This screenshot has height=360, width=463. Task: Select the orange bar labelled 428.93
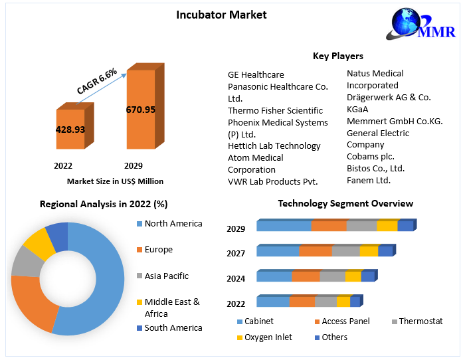click(x=70, y=130)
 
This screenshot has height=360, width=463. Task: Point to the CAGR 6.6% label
click(x=97, y=80)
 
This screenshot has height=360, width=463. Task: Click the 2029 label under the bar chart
click(x=133, y=165)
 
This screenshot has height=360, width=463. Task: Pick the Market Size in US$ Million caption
click(x=115, y=181)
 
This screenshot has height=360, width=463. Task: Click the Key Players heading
click(x=337, y=56)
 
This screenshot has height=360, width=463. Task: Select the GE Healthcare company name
click(x=256, y=74)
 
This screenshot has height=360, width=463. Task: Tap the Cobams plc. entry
click(x=371, y=156)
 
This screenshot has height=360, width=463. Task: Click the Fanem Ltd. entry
click(x=369, y=180)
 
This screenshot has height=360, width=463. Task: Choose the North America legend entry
click(x=173, y=224)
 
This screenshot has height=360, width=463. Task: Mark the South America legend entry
click(x=173, y=327)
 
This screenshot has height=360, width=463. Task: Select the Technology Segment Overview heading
click(x=345, y=203)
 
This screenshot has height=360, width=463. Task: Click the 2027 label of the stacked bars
click(x=236, y=253)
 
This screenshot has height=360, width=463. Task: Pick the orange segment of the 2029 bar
click(x=329, y=226)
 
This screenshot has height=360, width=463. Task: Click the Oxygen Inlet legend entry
click(x=268, y=337)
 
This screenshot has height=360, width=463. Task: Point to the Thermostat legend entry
click(x=420, y=321)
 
